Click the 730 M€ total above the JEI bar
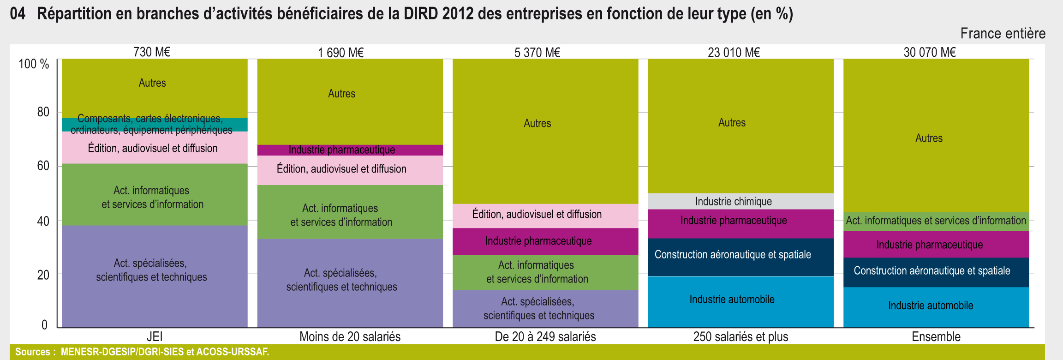(x=152, y=52)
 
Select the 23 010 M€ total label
(x=734, y=52)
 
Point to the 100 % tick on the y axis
(x=34, y=64)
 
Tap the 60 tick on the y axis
(x=43, y=166)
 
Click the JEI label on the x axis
(x=155, y=336)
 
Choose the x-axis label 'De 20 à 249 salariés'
(x=545, y=336)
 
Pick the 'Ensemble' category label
(x=936, y=336)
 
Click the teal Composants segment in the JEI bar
(x=155, y=125)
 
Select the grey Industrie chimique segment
(x=741, y=201)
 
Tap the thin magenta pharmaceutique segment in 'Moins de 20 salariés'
(x=350, y=150)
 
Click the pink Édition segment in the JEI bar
(x=155, y=148)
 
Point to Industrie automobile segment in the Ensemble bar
(x=936, y=307)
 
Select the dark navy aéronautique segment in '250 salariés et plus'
(x=741, y=257)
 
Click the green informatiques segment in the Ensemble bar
(x=936, y=222)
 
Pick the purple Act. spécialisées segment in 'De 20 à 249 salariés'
(x=545, y=308)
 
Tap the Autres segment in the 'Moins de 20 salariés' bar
(x=350, y=102)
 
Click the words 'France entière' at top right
(x=1003, y=33)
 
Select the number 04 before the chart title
(x=18, y=14)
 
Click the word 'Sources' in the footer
(x=32, y=352)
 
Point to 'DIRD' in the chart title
(x=421, y=14)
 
